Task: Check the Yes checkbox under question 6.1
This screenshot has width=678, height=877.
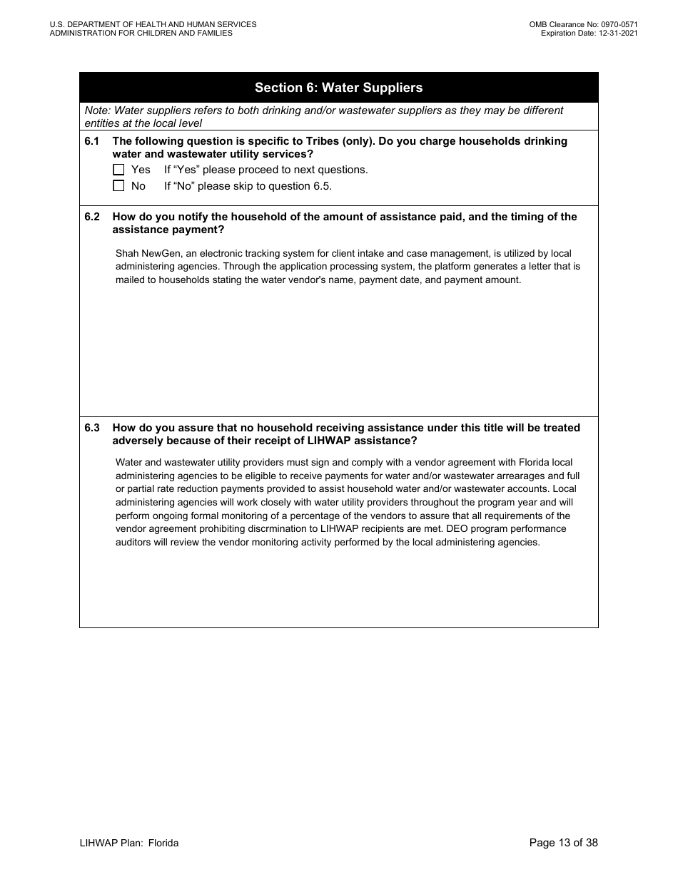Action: click(118, 170)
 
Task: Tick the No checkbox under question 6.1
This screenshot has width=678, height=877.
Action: click(118, 186)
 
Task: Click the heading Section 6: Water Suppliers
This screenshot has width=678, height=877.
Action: click(338, 88)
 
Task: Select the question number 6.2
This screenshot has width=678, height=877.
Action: click(92, 217)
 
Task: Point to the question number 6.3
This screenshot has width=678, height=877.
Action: click(92, 428)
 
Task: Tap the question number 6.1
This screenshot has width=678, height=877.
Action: click(92, 141)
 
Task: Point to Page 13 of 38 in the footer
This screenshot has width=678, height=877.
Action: click(563, 843)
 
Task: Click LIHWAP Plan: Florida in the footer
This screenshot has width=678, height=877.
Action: click(129, 843)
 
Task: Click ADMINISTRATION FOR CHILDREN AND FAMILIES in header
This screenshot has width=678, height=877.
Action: click(141, 33)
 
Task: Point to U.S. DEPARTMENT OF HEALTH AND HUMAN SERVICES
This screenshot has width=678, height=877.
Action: click(153, 24)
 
